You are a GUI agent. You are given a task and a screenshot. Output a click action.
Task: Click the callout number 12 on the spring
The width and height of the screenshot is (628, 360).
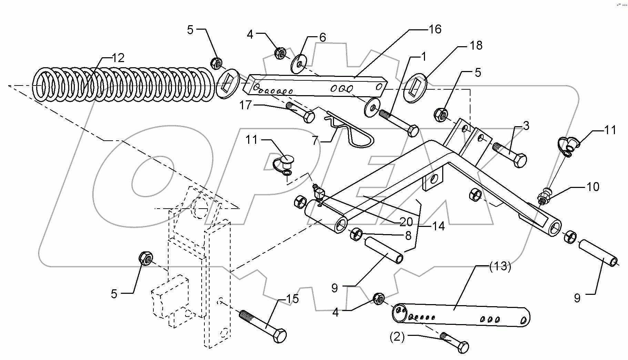[118, 58]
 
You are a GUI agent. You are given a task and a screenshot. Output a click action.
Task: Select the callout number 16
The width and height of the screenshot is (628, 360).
[435, 29]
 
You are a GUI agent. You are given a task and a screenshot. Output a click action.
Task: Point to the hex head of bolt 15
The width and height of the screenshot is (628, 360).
[280, 335]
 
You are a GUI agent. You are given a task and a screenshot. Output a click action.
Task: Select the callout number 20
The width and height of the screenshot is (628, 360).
[406, 222]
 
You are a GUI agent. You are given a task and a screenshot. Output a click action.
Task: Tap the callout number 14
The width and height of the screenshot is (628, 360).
[438, 226]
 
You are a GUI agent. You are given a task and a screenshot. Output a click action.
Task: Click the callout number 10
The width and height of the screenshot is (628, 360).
[592, 187]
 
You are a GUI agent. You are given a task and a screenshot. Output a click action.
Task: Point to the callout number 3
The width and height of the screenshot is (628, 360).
[526, 126]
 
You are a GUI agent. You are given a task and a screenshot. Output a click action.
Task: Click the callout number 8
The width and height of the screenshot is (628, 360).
[408, 236]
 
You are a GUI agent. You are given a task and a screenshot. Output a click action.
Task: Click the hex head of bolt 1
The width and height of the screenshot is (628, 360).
[412, 131]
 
